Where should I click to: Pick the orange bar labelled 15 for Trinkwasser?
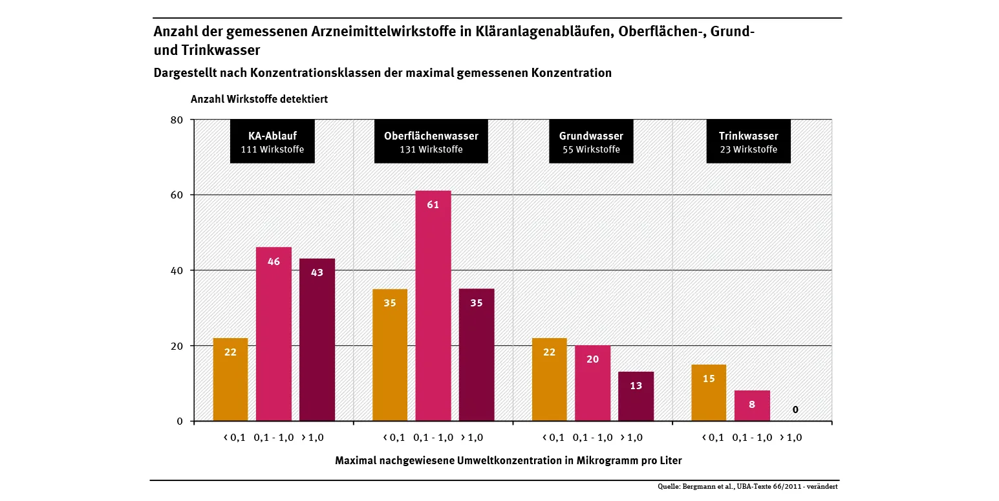[709, 392]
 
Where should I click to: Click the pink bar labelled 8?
[752, 405]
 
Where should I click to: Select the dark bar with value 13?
[636, 396]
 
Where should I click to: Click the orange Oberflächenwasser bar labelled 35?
[390, 355]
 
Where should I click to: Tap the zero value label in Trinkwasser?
[795, 409]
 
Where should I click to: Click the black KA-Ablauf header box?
[272, 142]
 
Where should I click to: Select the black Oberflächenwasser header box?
[431, 142]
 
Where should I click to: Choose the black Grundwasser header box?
[591, 142]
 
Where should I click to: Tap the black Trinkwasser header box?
[748, 142]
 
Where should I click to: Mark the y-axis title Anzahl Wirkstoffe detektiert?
[259, 100]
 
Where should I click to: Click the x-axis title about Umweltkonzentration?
[508, 461]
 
